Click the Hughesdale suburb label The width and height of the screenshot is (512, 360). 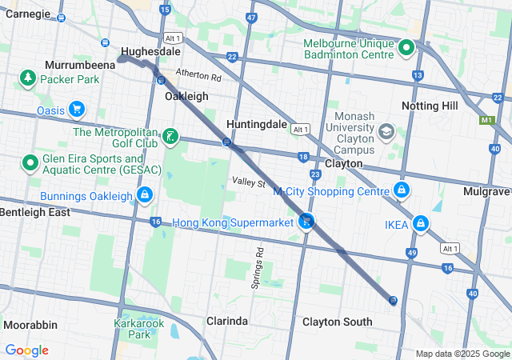pos(150,51)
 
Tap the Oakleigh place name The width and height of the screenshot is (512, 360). pos(186,96)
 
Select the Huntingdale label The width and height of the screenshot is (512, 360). pos(257,125)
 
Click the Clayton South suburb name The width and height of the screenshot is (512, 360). pos(337,322)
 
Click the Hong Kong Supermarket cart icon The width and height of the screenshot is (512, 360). pos(306,222)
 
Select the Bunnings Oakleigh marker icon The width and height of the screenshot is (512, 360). pos(145,194)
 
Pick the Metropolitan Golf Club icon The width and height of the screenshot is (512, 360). pos(170,137)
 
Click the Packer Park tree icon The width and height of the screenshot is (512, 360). pos(28,78)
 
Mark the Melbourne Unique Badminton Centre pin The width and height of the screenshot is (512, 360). pos(406,48)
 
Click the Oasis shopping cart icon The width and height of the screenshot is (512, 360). pos(77,109)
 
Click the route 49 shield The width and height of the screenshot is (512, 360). pos(411,253)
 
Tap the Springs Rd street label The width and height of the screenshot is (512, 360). pos(259,262)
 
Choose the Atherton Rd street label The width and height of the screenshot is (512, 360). pos(198,77)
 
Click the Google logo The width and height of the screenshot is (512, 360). pos(26,350)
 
